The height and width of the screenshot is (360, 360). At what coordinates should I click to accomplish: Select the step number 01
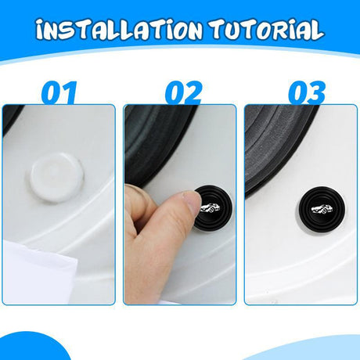point(59,92)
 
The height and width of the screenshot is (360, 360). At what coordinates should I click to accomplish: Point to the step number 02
point(183,92)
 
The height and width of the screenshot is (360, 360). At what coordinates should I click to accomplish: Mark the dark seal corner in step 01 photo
point(12,117)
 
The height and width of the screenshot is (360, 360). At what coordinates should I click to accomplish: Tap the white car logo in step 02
point(210,208)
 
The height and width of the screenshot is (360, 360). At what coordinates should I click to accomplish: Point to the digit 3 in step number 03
point(316,92)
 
